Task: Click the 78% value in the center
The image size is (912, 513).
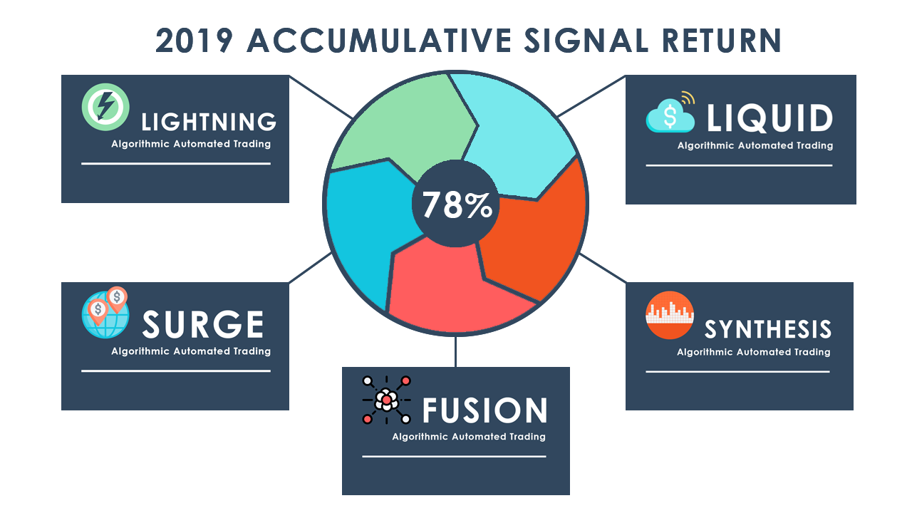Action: (x=457, y=205)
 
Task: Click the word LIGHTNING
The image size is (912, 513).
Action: (x=209, y=122)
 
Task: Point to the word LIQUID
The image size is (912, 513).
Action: (x=769, y=119)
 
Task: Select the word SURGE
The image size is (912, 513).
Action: (x=203, y=326)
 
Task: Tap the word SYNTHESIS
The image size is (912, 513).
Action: (x=768, y=329)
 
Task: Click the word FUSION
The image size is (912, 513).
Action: (x=484, y=411)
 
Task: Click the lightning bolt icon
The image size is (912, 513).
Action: (x=105, y=108)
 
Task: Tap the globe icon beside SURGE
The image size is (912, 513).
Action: (x=104, y=313)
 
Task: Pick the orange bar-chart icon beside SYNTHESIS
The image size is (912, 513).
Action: (x=670, y=316)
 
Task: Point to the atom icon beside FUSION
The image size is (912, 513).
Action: (x=386, y=400)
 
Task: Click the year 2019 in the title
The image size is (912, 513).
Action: (x=194, y=41)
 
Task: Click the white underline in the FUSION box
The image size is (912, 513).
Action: (x=454, y=457)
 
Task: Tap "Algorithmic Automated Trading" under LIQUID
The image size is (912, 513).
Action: (x=755, y=145)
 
